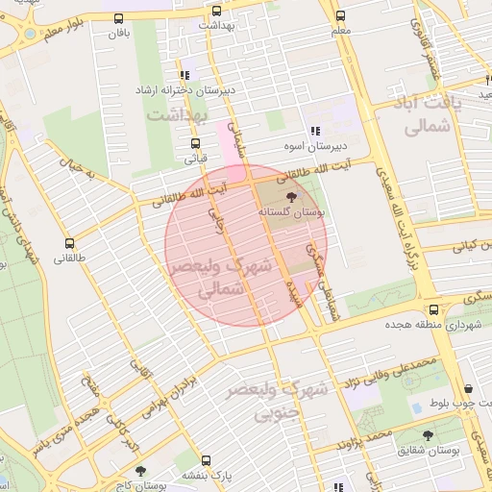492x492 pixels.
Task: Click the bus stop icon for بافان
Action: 118,18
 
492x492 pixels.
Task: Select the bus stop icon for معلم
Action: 340,15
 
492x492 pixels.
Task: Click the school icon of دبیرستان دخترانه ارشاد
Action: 184,74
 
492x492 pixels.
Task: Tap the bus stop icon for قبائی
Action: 195,144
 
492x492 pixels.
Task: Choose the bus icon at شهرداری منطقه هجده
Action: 433,309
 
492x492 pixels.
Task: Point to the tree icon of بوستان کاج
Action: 141,470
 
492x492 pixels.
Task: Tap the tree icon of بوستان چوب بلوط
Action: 468,389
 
